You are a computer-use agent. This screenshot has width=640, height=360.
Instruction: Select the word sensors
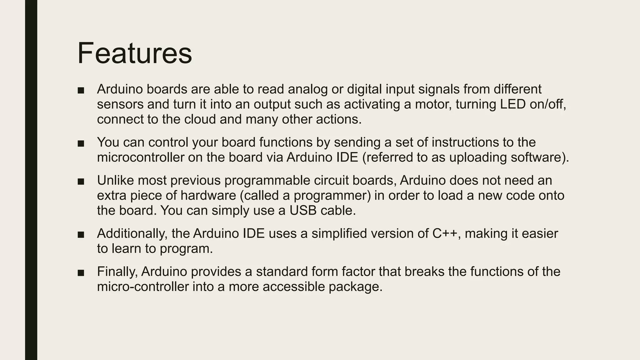click(x=120, y=104)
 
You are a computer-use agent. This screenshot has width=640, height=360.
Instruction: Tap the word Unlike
click(x=115, y=180)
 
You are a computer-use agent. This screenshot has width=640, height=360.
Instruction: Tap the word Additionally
click(x=132, y=233)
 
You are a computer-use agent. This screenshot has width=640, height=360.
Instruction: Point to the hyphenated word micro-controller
click(x=143, y=287)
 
